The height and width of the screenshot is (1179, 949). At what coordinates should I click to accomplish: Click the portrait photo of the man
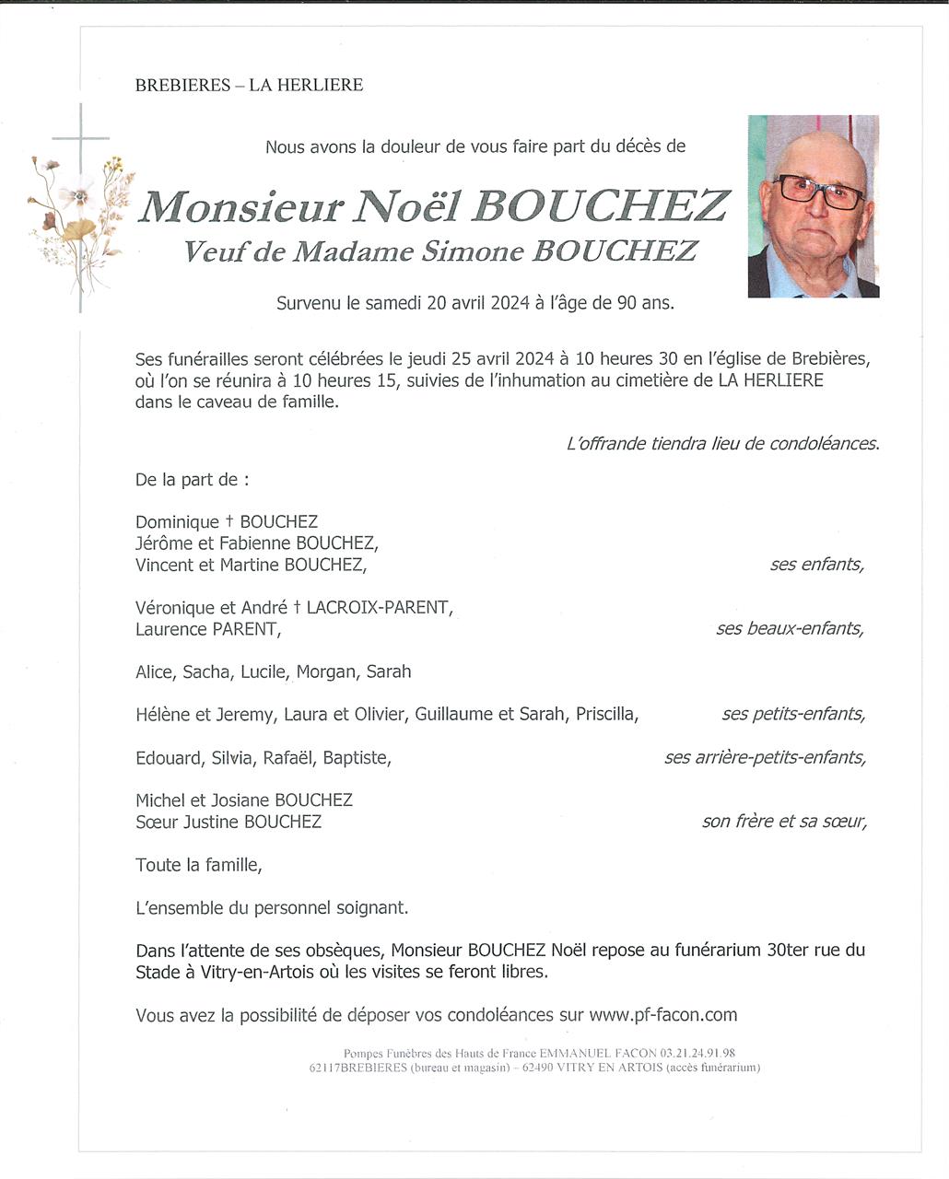[x=814, y=206]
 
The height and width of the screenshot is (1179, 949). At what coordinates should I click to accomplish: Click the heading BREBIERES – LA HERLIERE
[x=249, y=85]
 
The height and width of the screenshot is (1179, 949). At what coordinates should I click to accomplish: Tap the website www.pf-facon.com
[x=662, y=1015]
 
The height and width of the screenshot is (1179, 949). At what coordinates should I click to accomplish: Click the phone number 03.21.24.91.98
[x=697, y=1053]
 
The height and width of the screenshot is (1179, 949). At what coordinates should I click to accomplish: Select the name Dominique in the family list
[x=177, y=522]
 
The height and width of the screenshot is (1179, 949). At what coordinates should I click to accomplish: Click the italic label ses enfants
[x=816, y=565]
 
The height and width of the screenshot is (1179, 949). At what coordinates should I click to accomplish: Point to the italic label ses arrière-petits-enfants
[x=765, y=757]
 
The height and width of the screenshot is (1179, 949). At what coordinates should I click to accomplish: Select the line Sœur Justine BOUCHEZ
[x=228, y=822]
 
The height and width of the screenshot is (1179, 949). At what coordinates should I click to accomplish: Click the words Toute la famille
[x=198, y=865]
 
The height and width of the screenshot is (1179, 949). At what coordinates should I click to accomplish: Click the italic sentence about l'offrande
[x=722, y=443]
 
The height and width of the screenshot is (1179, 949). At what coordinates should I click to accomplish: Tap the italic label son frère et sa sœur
[x=783, y=821]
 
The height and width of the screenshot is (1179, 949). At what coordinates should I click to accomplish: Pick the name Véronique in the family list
[x=175, y=608]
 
